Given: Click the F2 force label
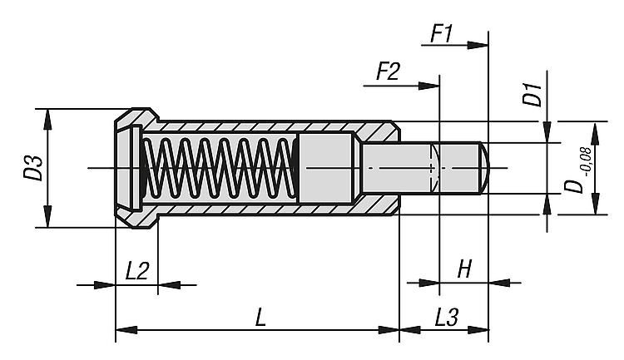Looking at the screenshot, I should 388,72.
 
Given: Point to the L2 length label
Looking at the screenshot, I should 137,270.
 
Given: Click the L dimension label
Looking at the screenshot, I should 260,317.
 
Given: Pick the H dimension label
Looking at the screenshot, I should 464,269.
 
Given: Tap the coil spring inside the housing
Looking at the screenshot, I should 219,169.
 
